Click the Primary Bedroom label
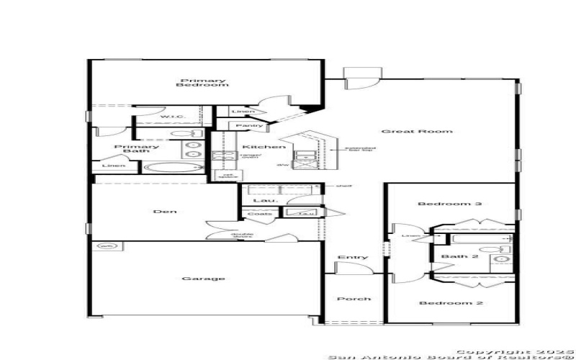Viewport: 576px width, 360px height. [193, 82]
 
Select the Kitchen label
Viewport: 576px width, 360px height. [258, 146]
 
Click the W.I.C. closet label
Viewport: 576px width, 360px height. [172, 117]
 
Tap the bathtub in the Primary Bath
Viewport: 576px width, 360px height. [174, 168]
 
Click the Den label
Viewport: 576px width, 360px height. [165, 212]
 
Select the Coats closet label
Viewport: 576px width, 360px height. [259, 214]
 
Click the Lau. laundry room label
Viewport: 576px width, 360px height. [260, 201]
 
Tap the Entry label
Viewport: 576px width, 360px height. [352, 257]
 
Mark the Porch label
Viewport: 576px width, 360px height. [354, 299]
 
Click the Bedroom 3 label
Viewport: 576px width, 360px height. [450, 204]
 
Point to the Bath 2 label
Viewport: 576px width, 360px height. [460, 257]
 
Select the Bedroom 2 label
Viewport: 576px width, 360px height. [451, 303]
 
